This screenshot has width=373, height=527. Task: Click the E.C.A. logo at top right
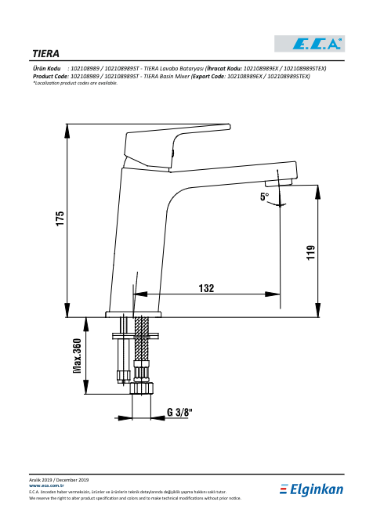[x=310, y=44]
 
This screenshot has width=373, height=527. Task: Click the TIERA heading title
[x=45, y=54]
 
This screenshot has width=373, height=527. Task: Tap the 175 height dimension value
[x=60, y=218]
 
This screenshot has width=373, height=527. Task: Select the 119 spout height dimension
[x=311, y=252]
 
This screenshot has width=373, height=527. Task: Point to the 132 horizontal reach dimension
[x=206, y=288]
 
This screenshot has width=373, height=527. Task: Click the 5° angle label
[x=265, y=197]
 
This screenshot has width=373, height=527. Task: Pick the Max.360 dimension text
[x=77, y=356]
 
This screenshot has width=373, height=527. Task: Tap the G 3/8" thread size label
[x=179, y=412]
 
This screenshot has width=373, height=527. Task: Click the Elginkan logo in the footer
[x=311, y=489]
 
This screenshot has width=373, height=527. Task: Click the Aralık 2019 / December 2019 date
[x=59, y=480]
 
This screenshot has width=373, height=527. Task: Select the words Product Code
[x=50, y=76]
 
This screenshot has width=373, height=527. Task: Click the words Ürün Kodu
[x=46, y=69]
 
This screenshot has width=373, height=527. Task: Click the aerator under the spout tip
[x=278, y=182]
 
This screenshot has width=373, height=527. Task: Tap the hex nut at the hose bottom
[x=142, y=388]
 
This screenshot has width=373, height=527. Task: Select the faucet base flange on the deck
[x=133, y=314]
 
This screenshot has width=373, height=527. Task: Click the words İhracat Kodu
[x=224, y=69]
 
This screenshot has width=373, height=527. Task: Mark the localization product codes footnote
[x=75, y=83]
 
